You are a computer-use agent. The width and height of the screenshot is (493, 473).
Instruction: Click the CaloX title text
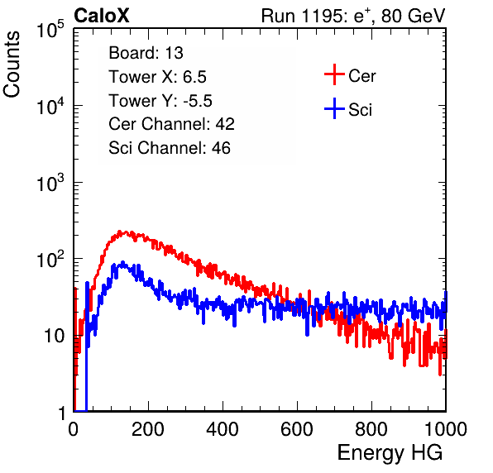(101, 15)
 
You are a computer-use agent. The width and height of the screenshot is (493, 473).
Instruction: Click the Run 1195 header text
(353, 16)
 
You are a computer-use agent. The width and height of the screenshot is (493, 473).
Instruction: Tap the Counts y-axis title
(12, 64)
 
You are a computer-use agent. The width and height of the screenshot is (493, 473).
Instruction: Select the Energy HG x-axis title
(390, 453)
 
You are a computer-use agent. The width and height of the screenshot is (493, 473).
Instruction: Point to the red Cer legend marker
(334, 74)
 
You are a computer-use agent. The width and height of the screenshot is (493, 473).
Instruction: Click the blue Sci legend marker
(334, 108)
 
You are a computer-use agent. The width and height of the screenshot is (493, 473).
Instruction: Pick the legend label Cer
(361, 76)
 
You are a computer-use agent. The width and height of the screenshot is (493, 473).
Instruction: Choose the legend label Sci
(360, 110)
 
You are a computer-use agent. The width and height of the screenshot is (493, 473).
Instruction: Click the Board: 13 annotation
(146, 53)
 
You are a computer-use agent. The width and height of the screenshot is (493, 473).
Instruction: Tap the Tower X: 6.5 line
(157, 77)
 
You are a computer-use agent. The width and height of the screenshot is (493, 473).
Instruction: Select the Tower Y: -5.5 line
(160, 101)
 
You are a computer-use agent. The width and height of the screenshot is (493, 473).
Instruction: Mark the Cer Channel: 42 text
(172, 124)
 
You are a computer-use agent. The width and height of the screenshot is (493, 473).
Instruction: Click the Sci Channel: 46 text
(170, 148)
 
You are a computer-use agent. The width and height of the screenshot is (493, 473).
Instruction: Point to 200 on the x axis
(148, 429)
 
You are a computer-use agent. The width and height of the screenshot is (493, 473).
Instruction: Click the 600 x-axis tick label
(297, 429)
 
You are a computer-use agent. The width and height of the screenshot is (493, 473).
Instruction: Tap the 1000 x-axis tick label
(446, 429)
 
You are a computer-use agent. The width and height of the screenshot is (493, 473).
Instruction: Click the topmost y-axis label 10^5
(50, 29)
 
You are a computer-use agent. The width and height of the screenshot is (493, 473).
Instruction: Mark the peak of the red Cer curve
(119, 232)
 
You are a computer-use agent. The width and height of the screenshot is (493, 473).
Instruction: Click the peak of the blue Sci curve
(123, 263)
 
